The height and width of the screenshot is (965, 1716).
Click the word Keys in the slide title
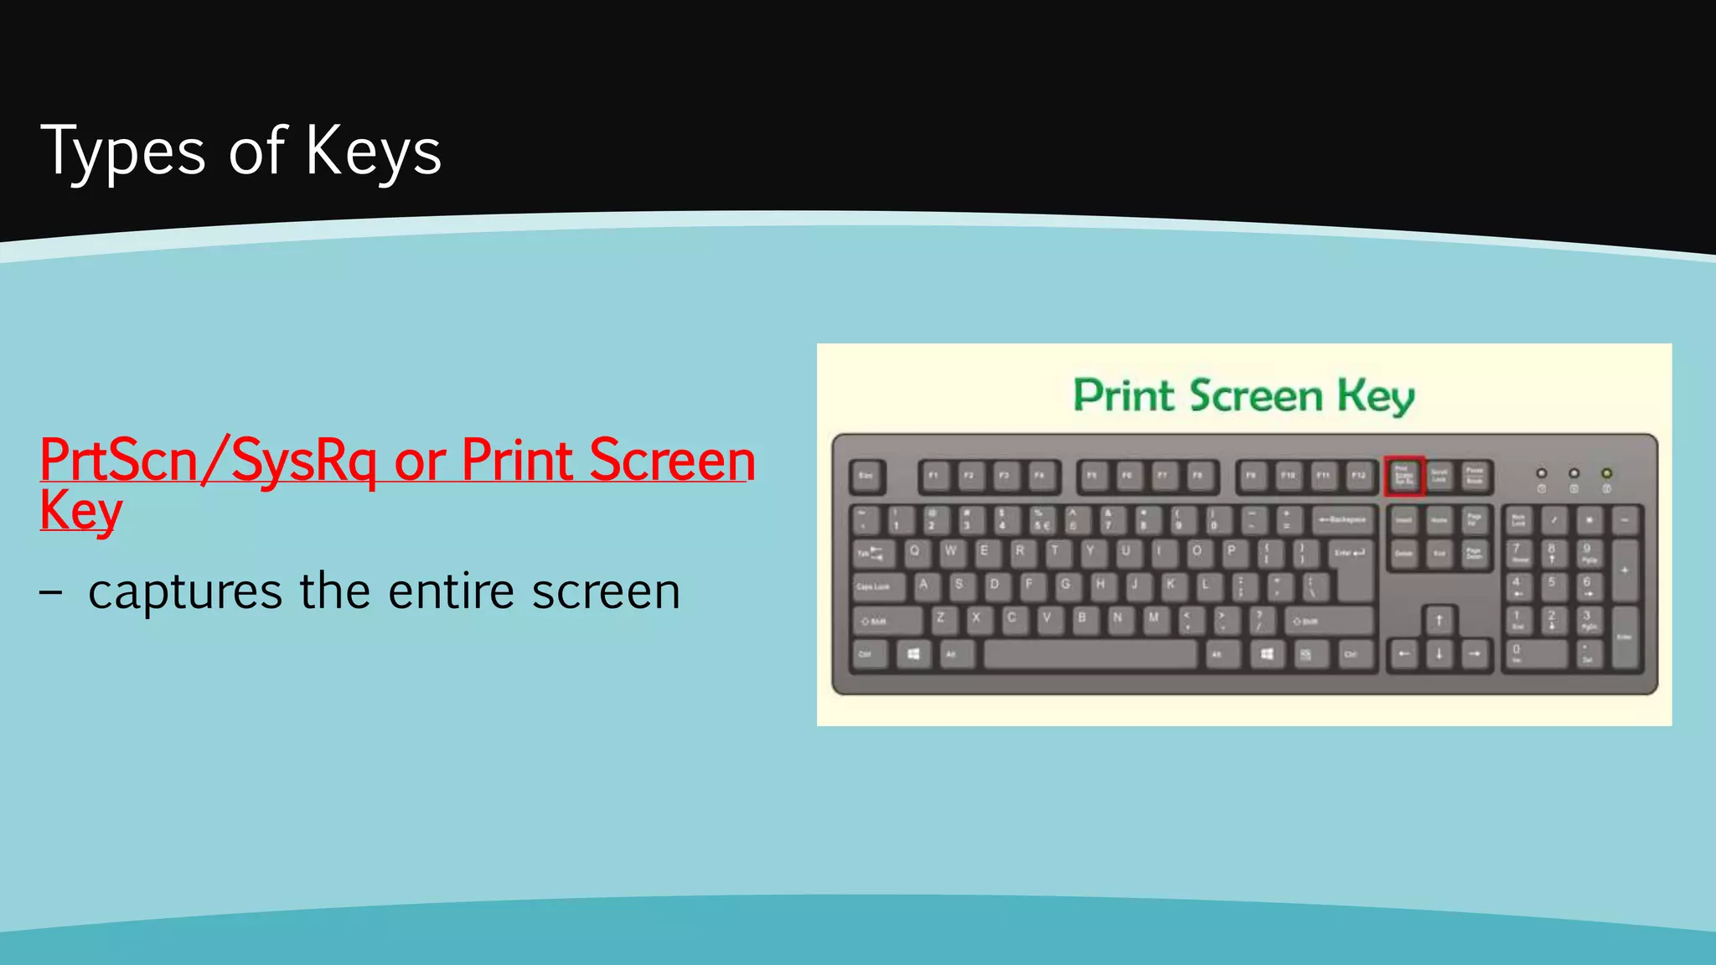(x=373, y=152)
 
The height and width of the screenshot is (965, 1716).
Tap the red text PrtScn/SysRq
(x=208, y=461)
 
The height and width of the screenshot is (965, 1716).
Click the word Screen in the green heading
(x=1256, y=395)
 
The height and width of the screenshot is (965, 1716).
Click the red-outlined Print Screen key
(x=1403, y=476)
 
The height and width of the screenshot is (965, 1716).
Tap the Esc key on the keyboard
(x=866, y=476)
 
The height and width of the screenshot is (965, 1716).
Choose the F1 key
(x=933, y=476)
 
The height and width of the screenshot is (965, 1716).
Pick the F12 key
(x=1358, y=476)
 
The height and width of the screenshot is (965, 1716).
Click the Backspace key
(x=1343, y=520)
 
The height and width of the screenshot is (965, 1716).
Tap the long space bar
(x=1090, y=654)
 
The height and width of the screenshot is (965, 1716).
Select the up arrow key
(x=1439, y=621)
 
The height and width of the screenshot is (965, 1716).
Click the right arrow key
(x=1475, y=654)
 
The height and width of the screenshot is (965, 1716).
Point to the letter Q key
(x=915, y=551)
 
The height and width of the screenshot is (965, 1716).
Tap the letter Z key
(x=940, y=618)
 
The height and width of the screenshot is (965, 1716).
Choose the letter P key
(x=1232, y=551)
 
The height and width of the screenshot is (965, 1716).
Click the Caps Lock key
(x=877, y=586)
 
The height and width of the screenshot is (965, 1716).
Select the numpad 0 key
(x=1533, y=653)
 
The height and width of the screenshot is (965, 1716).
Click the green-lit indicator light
(x=1606, y=473)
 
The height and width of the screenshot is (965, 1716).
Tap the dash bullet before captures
(x=50, y=591)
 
